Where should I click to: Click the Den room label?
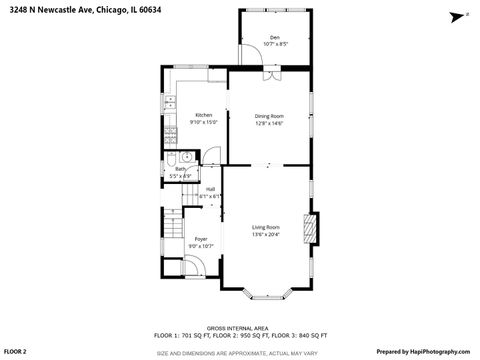tap(275, 37)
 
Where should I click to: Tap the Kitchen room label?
tap(204, 115)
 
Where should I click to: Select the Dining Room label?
tap(269, 116)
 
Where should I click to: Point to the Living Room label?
tap(266, 227)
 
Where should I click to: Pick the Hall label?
tap(210, 189)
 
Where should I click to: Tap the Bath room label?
tap(180, 169)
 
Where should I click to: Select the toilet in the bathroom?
tap(172, 159)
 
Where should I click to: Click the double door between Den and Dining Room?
tap(270, 71)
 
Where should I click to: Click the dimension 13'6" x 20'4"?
tap(266, 234)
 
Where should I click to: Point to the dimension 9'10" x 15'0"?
tap(204, 122)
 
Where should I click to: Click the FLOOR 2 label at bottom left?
tap(15, 352)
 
